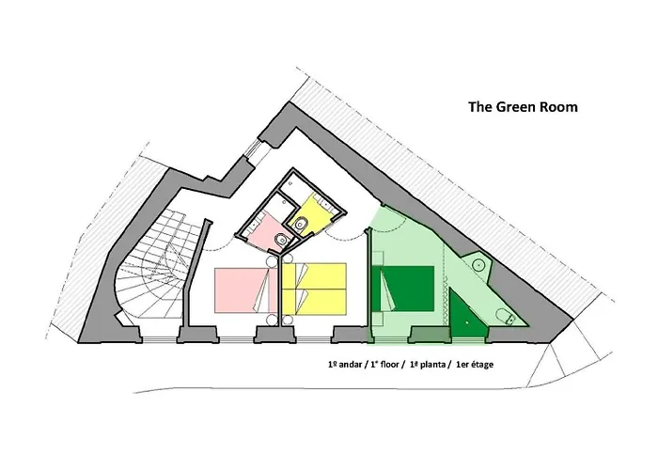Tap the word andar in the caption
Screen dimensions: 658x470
[349, 365]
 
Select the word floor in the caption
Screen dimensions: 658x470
[389, 365]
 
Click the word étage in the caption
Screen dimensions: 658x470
[481, 365]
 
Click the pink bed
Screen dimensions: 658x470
[246, 290]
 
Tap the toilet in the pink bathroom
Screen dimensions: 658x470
[282, 240]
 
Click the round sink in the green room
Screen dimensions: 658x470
[478, 265]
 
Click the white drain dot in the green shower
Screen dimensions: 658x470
[466, 322]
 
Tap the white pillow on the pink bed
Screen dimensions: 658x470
[262, 290]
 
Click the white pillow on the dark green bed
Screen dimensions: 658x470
[387, 290]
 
